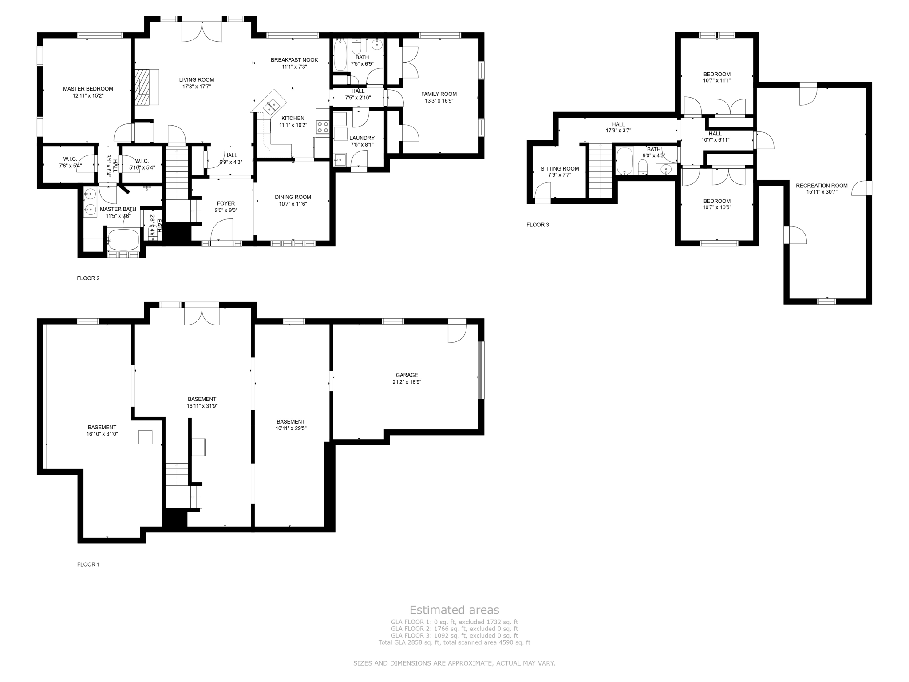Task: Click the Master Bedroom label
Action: click(x=88, y=89)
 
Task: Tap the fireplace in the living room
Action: click(x=146, y=87)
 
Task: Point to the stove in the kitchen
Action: click(x=322, y=127)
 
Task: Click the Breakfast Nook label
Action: click(x=294, y=60)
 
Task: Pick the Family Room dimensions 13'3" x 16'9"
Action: click(x=439, y=101)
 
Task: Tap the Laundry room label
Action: click(x=362, y=138)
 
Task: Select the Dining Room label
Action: click(x=292, y=197)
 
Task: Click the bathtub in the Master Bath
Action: click(x=123, y=240)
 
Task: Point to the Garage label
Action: click(x=407, y=375)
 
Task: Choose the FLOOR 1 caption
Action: click(x=88, y=564)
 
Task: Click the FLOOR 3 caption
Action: click(x=537, y=225)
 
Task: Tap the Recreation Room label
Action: click(x=822, y=186)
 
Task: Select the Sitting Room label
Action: click(x=560, y=169)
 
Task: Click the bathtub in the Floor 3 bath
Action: click(x=624, y=161)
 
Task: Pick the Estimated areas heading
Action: click(x=454, y=610)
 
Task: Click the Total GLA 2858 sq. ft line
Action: click(x=454, y=642)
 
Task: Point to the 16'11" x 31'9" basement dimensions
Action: click(x=202, y=406)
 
